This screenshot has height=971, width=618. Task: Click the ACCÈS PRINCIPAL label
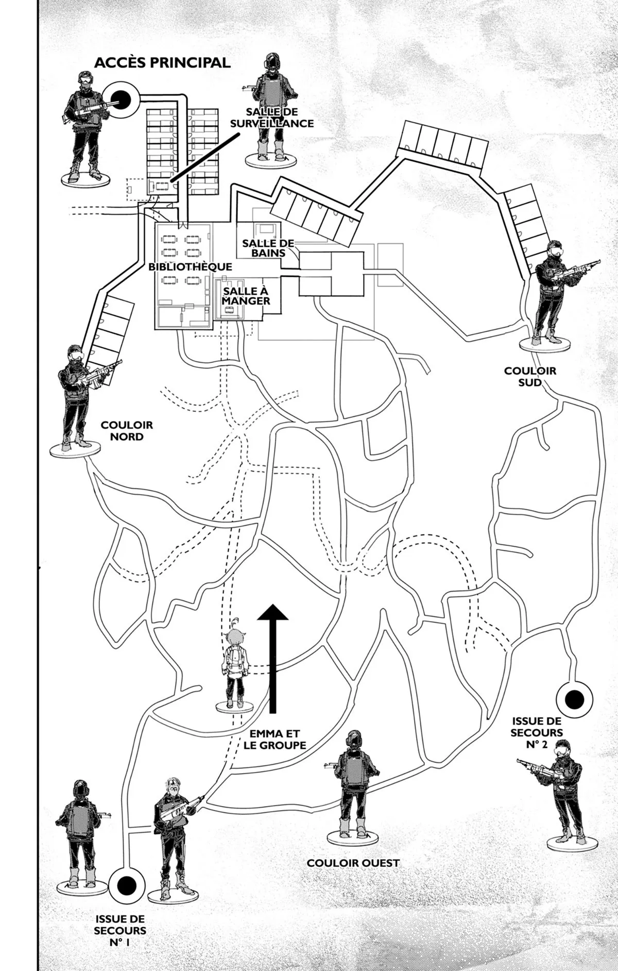(162, 62)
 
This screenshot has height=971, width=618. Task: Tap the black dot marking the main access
(121, 98)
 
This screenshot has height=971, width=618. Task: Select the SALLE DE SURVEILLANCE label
(272, 118)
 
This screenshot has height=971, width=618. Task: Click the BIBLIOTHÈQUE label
(190, 267)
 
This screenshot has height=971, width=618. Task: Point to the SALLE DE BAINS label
(268, 248)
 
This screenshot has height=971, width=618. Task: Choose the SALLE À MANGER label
(246, 296)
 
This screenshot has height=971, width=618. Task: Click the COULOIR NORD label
(127, 431)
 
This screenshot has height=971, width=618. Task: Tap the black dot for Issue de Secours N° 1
(126, 885)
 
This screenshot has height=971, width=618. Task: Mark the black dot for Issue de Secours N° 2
(574, 699)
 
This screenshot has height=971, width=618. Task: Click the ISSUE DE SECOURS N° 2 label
(537, 732)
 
